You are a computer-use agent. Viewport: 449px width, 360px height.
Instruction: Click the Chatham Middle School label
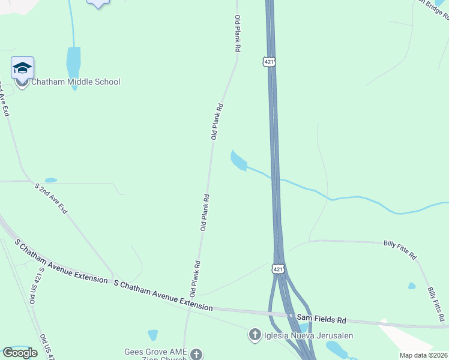coord(76,82)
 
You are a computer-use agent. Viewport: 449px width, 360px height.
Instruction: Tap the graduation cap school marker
coord(22,68)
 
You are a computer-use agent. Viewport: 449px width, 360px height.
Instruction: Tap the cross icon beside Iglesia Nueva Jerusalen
coord(255,335)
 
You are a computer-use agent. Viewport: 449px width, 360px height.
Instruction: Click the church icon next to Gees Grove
coord(196,355)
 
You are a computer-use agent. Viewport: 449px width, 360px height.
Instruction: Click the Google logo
coord(20,353)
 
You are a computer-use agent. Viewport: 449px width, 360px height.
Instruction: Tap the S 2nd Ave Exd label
coord(52,199)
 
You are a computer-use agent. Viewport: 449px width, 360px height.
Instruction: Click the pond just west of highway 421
coord(238,160)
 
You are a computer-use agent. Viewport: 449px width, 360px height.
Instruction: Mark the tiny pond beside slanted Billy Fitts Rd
coord(411,286)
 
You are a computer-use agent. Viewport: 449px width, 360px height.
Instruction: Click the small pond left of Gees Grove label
coord(152,335)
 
